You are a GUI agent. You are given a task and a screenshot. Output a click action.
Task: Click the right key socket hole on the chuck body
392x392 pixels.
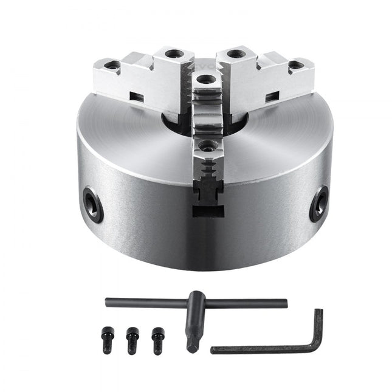318,204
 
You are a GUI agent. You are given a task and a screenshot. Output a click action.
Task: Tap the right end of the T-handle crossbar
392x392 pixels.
284,302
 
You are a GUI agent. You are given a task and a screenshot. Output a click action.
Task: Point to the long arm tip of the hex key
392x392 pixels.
214,350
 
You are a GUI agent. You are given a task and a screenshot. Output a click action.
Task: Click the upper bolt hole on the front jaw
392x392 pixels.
207,78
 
